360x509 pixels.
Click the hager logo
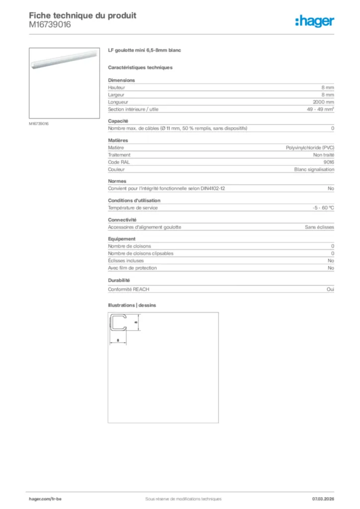tap(315, 21)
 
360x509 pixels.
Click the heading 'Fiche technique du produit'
tap(83, 15)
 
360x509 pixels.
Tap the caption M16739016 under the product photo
tap(39, 123)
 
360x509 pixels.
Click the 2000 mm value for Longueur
tap(323, 102)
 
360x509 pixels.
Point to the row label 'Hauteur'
tap(116, 87)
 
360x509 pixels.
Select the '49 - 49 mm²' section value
tap(320, 109)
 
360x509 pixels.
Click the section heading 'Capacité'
tap(118, 121)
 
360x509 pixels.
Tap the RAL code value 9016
tap(329, 162)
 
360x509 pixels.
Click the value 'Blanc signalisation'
tap(314, 170)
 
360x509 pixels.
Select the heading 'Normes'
tap(117, 181)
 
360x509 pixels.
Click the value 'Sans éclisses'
tap(319, 227)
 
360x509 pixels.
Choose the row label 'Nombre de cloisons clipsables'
tap(141, 254)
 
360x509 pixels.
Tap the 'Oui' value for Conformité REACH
tap(330, 289)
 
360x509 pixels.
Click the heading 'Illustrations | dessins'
tap(132, 305)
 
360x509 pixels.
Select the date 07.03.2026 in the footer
tap(323, 499)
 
